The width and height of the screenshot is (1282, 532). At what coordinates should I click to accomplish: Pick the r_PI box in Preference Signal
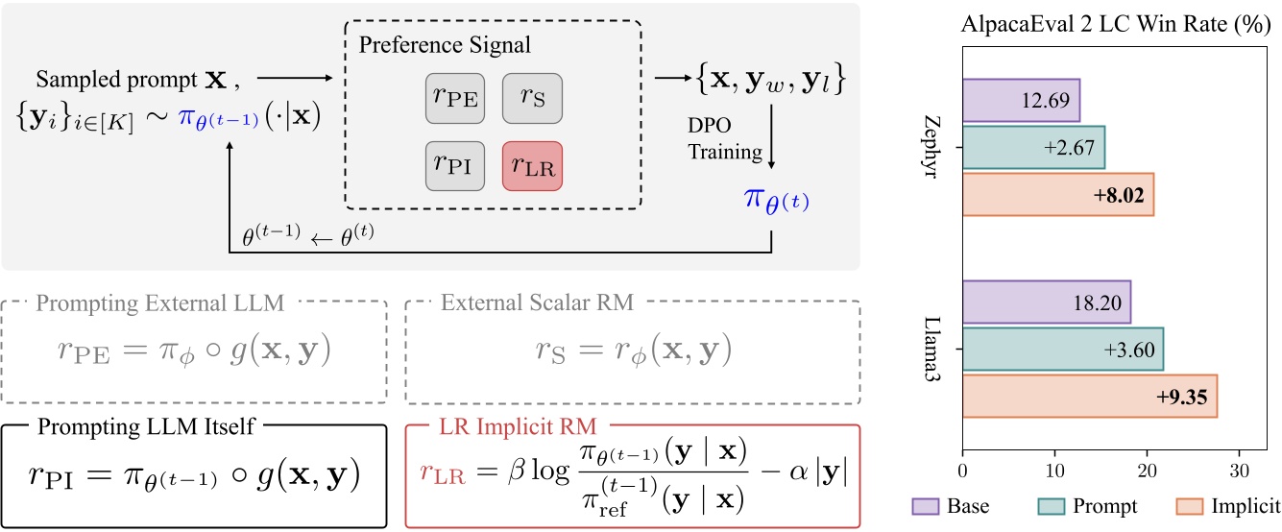[453, 164]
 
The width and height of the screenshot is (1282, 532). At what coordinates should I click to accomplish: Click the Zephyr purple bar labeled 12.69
[1021, 100]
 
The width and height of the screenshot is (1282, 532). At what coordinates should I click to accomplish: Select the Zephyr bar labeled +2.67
[1033, 147]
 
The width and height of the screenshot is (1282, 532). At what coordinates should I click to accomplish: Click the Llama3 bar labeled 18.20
[1047, 302]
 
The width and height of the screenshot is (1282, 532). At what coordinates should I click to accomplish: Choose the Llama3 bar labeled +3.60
[1063, 349]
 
